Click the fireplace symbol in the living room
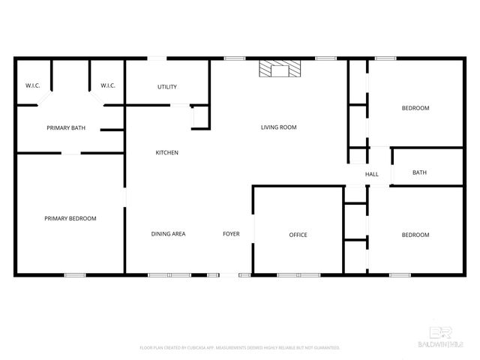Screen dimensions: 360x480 click(x=279, y=69)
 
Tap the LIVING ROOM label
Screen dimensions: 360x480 click(x=279, y=127)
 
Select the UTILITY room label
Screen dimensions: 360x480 click(x=167, y=87)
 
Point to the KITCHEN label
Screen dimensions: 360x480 click(x=166, y=153)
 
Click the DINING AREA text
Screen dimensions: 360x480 click(x=169, y=234)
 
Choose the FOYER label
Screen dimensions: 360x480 click(x=231, y=234)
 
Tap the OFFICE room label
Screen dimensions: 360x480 click(x=298, y=235)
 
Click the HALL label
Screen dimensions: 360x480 click(x=372, y=175)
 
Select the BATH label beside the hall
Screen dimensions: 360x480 click(x=420, y=173)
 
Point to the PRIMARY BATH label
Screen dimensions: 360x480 click(x=66, y=128)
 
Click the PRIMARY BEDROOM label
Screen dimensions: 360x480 click(x=70, y=218)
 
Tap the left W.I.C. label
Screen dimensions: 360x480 click(x=32, y=85)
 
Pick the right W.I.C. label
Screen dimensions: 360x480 click(x=107, y=85)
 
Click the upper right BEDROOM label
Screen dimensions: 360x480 click(x=415, y=108)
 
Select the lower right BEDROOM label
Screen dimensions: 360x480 click(x=415, y=235)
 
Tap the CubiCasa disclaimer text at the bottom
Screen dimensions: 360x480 click(x=240, y=348)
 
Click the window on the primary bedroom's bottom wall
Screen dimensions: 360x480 click(x=75, y=275)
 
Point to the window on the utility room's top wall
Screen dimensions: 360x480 click(x=157, y=58)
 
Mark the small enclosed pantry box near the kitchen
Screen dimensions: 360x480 click(x=200, y=118)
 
